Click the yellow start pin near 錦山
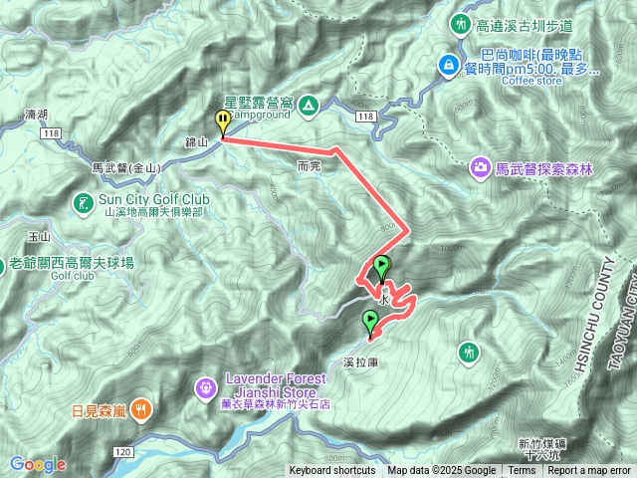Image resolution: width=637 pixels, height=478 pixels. click(x=222, y=122)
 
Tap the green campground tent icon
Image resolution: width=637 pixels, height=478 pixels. click(x=309, y=104)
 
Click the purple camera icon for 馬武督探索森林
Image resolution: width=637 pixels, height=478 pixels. click(x=482, y=167)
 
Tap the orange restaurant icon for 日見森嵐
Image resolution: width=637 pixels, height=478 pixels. click(x=141, y=407)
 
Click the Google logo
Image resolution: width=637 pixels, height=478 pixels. click(x=38, y=464)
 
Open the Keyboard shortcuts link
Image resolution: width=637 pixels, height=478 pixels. click(x=332, y=471)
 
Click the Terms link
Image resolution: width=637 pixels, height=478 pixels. click(x=522, y=471)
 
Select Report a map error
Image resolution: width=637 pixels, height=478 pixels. click(x=589, y=471)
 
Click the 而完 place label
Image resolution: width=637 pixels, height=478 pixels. click(x=308, y=166)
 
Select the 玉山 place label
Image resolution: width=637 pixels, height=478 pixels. click(x=40, y=237)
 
